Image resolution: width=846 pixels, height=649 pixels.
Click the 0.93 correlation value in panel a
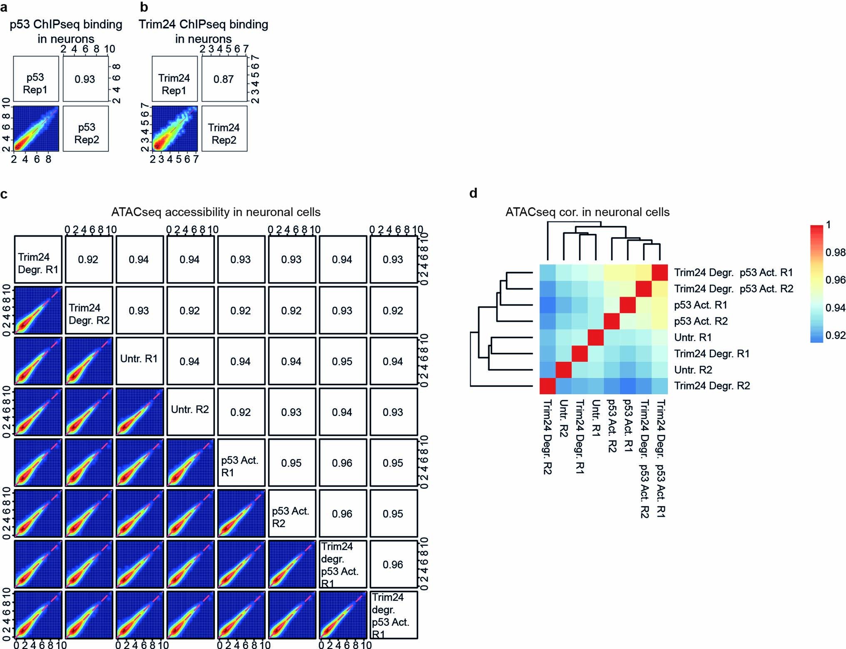(85, 79)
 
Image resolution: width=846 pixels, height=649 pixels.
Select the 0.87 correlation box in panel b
(224, 79)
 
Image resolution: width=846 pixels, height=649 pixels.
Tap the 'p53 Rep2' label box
(86, 133)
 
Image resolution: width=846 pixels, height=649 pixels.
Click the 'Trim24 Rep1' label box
(174, 84)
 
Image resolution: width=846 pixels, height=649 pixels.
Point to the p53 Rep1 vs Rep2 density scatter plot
(36, 128)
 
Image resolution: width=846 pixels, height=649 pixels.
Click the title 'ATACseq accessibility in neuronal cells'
(216, 212)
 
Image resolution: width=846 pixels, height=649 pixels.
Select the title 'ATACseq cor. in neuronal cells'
(587, 212)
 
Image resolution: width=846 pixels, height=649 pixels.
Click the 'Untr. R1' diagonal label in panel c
(139, 359)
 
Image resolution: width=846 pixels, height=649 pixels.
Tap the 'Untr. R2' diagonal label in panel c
(190, 410)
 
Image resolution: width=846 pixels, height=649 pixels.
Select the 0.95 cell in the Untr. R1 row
(342, 361)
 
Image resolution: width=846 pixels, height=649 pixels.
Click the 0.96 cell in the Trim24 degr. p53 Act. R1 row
(393, 564)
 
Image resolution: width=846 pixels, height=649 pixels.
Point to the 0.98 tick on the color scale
(835, 252)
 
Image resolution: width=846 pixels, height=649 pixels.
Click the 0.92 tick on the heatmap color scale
(835, 335)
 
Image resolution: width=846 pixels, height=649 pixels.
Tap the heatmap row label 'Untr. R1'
(693, 337)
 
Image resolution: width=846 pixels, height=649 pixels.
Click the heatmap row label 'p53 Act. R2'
(701, 321)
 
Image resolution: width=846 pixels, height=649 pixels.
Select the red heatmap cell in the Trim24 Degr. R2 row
(548, 385)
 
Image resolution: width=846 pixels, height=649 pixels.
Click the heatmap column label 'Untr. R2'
(563, 418)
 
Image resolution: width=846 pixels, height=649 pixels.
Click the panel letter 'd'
(473, 194)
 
